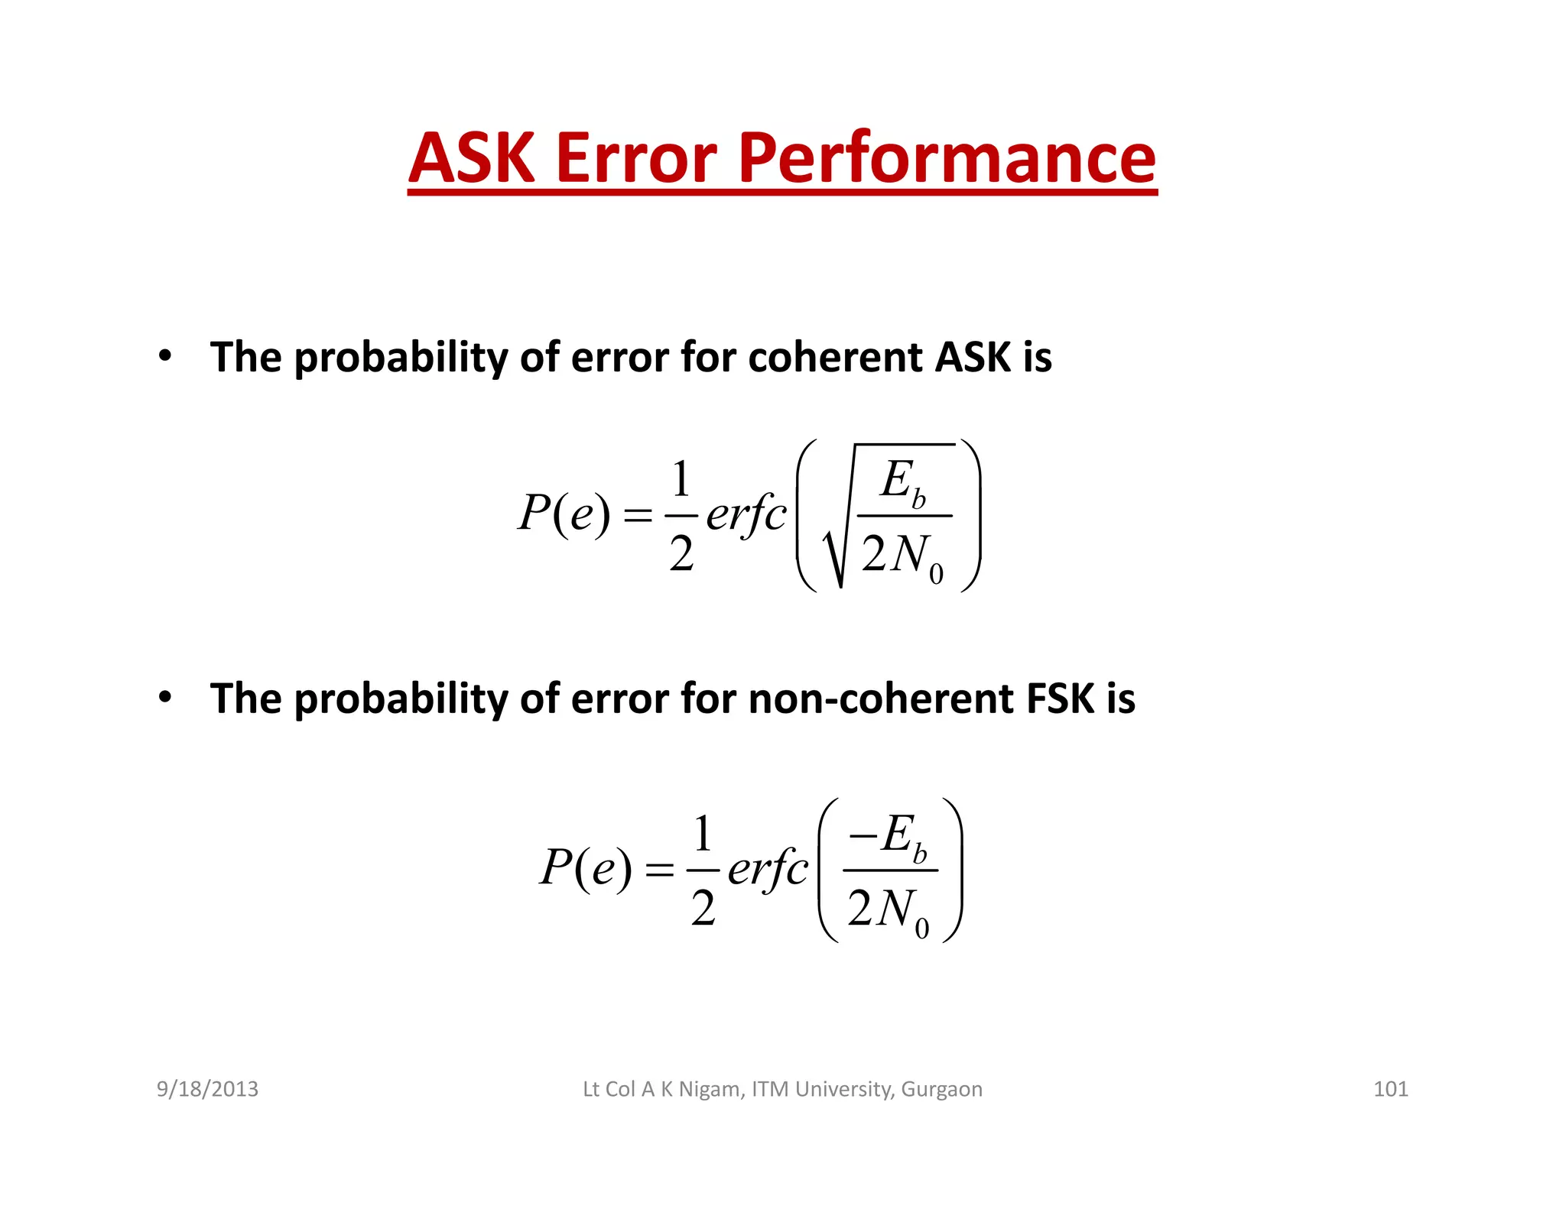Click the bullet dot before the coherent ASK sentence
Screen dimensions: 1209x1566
point(164,356)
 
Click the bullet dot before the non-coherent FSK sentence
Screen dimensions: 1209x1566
point(164,697)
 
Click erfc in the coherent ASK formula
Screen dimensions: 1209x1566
point(746,514)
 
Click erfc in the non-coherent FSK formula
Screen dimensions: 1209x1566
point(767,869)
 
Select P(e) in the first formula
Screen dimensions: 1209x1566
point(564,513)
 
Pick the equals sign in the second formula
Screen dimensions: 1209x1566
point(659,870)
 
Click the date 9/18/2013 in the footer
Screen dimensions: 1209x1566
point(207,1088)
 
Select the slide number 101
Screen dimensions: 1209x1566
point(1390,1088)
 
